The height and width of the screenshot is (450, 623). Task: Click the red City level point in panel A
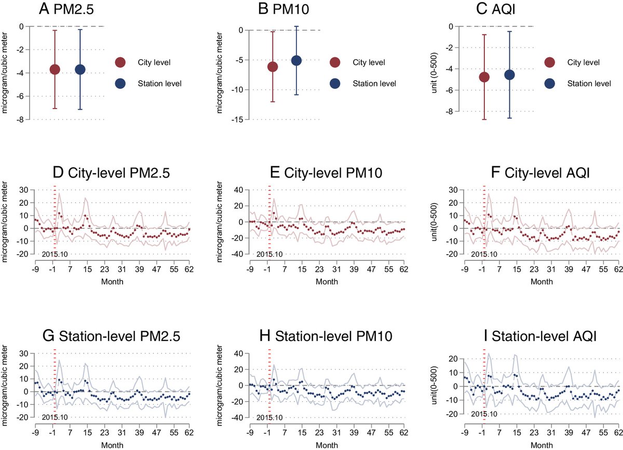coord(55,70)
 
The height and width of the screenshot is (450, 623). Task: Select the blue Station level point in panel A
coord(80,70)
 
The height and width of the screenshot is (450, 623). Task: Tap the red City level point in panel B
coord(273,67)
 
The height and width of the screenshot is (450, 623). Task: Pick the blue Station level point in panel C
coord(509,75)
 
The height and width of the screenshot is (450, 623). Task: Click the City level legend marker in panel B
coord(334,63)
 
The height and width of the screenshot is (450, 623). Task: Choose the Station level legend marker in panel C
coord(550,83)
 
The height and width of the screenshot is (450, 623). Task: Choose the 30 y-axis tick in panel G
coord(24,354)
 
